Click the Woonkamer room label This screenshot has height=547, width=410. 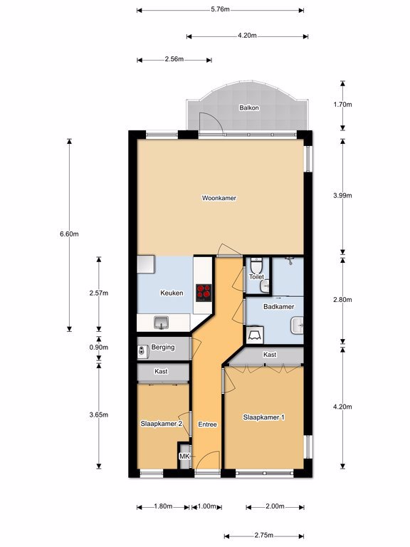219,198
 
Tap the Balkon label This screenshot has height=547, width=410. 249,108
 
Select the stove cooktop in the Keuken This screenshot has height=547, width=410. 204,293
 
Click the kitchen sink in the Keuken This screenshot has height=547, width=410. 162,323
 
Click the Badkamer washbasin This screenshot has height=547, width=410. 297,325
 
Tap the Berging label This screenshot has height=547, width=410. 163,348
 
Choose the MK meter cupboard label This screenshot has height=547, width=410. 184,456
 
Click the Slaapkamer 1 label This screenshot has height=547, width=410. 263,417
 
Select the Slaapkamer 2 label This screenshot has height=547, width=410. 161,424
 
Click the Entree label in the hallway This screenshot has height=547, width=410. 207,424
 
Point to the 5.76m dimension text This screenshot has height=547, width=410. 220,9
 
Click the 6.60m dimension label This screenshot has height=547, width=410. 69,234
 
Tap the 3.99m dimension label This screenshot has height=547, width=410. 342,195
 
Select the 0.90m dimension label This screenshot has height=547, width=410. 99,348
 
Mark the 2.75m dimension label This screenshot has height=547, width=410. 263,536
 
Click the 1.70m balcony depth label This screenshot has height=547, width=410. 342,104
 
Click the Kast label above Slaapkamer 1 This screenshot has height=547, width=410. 270,355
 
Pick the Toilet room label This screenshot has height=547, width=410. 256,276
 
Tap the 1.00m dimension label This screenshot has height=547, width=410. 206,506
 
